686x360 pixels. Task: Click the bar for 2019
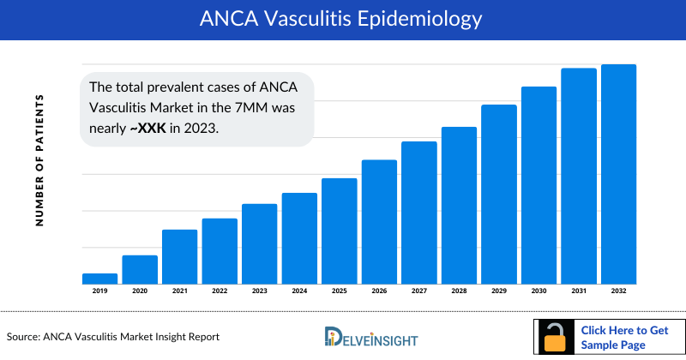[x=99, y=279]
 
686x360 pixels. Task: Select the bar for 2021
[x=179, y=256]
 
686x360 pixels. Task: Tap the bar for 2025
[x=339, y=231]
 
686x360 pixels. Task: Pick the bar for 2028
[x=459, y=205]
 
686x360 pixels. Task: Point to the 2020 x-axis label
[x=140, y=291]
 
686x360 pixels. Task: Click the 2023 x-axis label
[x=259, y=291]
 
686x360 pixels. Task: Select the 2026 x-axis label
[x=379, y=291]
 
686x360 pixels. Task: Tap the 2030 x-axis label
[x=539, y=291]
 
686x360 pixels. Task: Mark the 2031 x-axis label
[x=579, y=291]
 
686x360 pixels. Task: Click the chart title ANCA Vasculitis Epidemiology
[x=342, y=18]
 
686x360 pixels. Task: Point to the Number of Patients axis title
[x=39, y=160]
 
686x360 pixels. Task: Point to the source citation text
[x=112, y=337]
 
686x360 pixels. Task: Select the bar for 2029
[x=498, y=194]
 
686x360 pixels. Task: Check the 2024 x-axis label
[x=299, y=291]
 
